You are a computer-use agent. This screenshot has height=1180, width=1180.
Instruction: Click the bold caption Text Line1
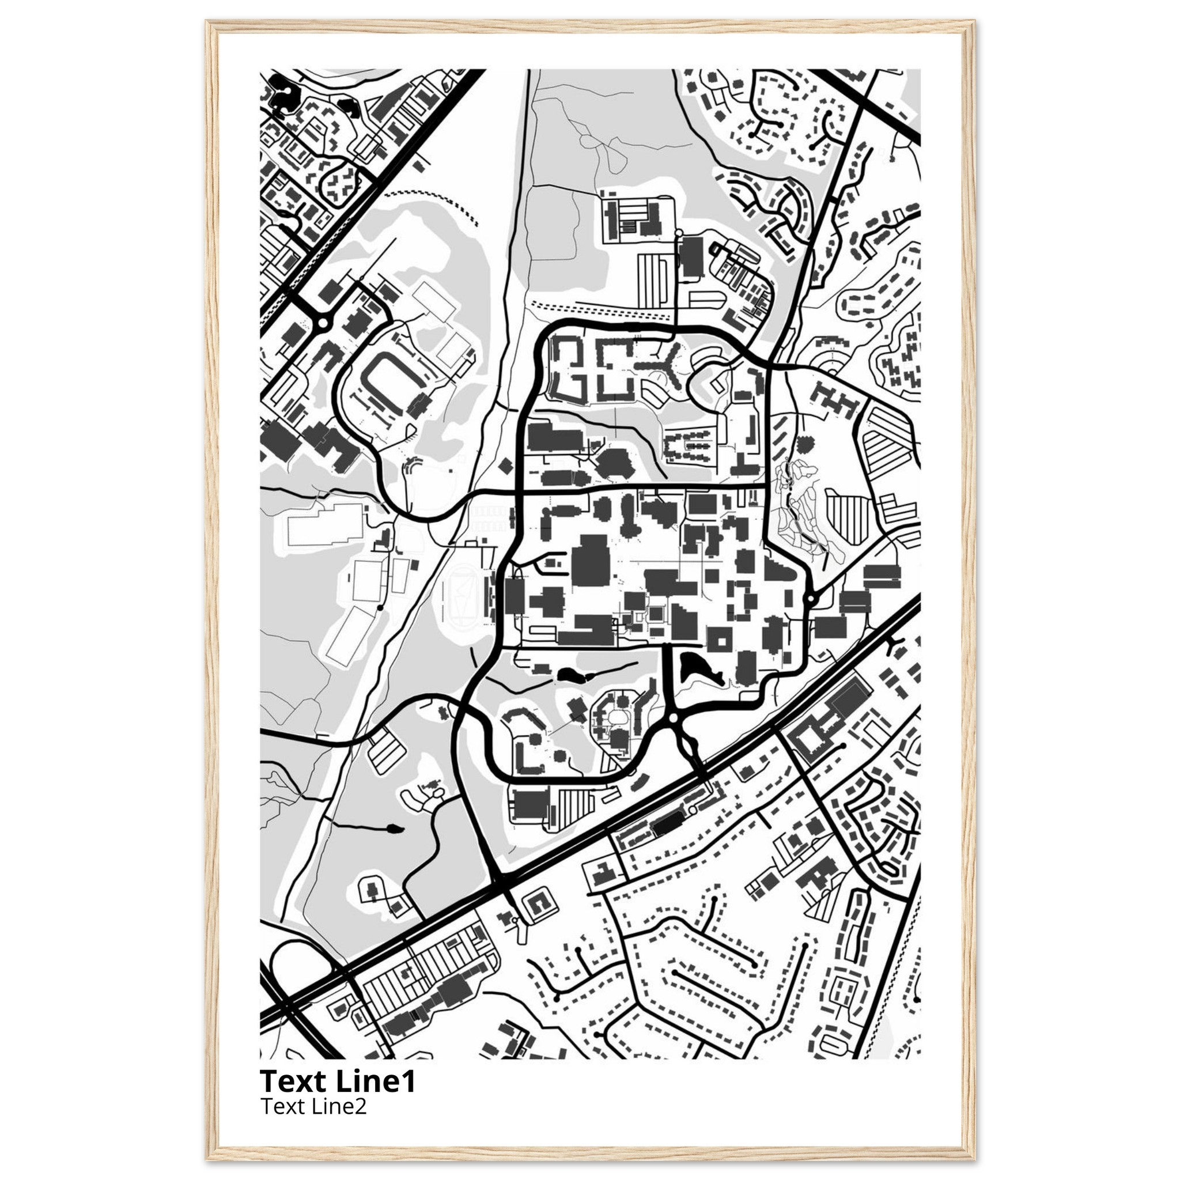338,1081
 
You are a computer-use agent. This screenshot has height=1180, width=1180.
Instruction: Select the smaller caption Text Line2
313,1106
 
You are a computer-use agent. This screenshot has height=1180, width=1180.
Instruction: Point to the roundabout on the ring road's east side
811,599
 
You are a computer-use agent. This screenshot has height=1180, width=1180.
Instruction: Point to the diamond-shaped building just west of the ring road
505,466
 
